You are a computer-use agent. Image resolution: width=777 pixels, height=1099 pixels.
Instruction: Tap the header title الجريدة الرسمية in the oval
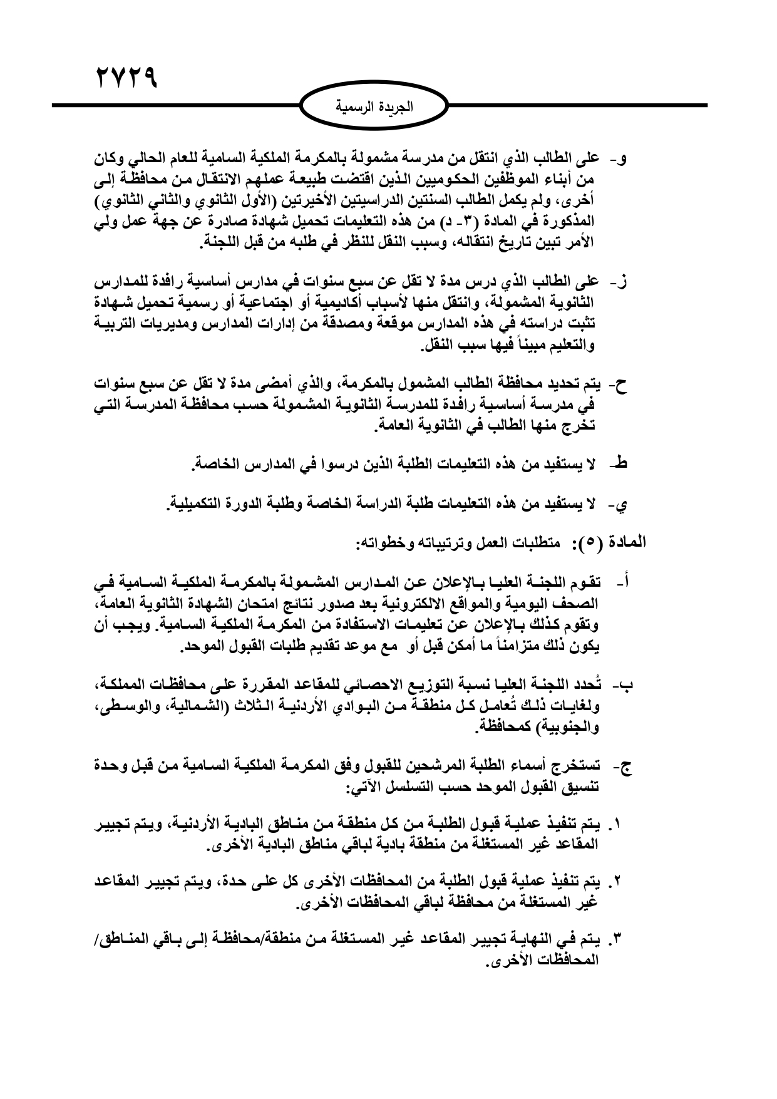[x=378, y=106]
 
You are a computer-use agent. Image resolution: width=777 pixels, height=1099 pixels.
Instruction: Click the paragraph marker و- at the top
[x=622, y=158]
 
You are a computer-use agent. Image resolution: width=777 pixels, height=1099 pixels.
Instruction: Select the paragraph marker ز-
[x=622, y=281]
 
